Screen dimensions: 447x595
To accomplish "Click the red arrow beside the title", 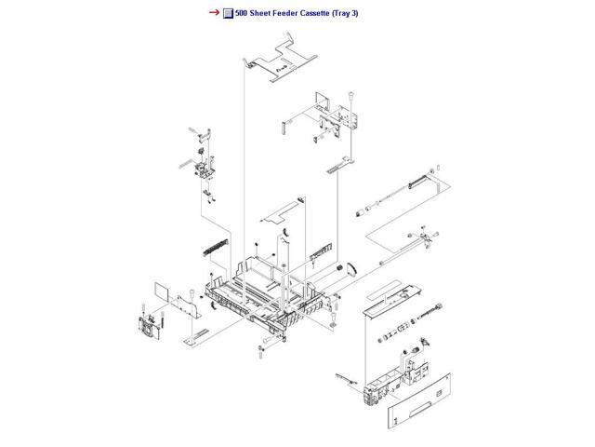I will (213, 12).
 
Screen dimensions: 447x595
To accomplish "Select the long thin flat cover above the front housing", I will (391, 297).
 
